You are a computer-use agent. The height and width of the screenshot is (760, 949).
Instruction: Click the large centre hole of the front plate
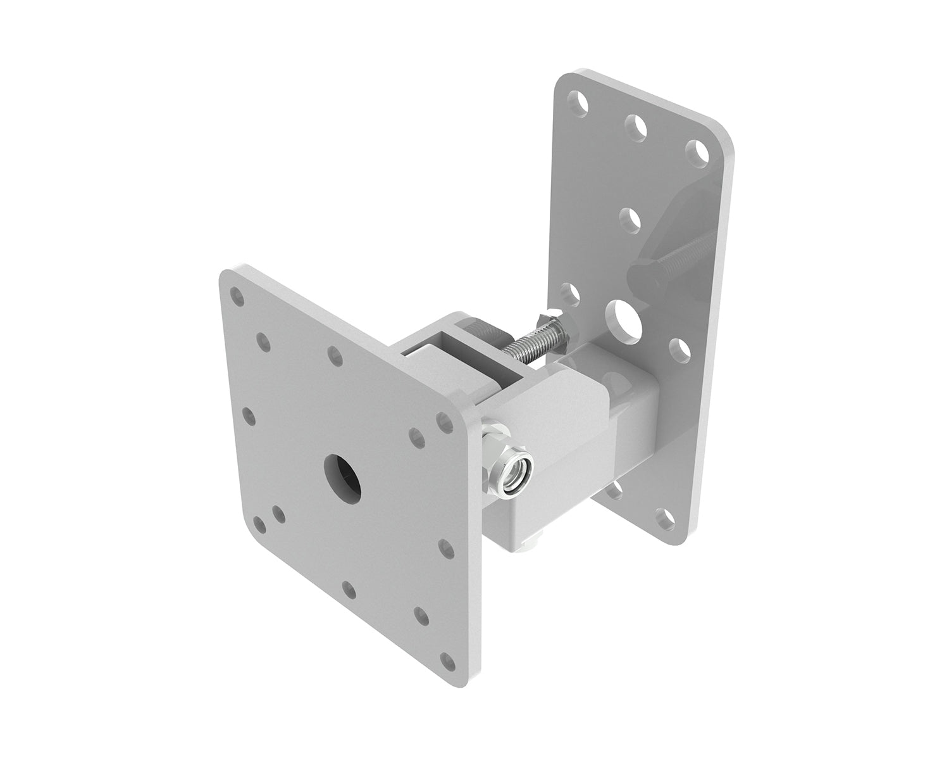coord(342,476)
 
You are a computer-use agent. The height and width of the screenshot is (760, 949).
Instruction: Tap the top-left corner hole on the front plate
coord(237,296)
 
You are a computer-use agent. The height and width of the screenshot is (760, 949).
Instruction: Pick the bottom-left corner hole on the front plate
coord(259,524)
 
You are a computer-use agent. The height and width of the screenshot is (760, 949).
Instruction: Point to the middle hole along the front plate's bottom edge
coord(346,588)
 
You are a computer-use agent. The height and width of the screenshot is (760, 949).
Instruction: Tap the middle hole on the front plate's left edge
coord(248,415)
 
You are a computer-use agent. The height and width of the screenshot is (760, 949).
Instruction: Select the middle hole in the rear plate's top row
coord(636,125)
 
